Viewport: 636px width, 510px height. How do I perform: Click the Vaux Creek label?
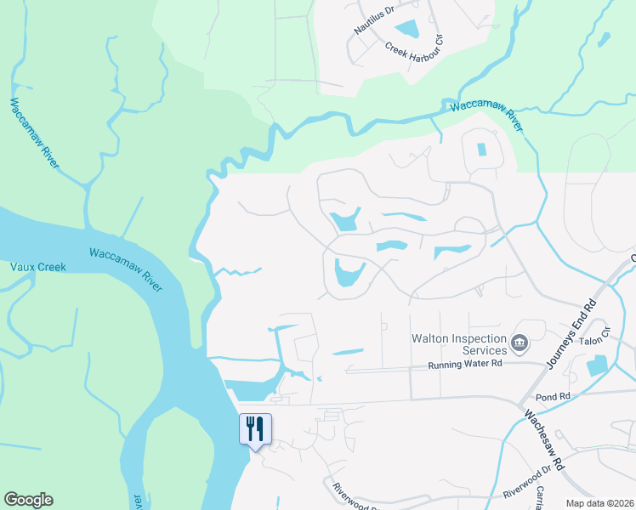tap(37, 266)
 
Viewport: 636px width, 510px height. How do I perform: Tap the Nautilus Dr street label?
tap(376, 26)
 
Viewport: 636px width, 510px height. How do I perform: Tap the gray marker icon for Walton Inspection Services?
tap(520, 344)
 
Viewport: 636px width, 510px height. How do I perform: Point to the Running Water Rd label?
tap(467, 363)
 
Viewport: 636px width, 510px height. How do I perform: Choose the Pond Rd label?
tap(552, 397)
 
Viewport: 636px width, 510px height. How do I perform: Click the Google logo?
tap(28, 500)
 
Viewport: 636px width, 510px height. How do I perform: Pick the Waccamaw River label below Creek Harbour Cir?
tap(486, 114)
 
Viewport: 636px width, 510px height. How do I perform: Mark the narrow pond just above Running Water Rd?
tap(347, 351)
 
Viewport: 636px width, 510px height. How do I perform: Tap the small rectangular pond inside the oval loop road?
tap(481, 150)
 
